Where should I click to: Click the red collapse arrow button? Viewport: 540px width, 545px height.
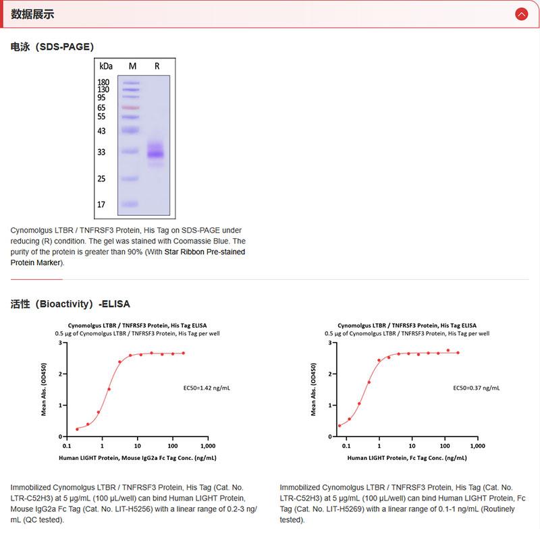(x=520, y=13)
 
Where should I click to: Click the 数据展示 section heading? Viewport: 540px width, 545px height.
(x=32, y=14)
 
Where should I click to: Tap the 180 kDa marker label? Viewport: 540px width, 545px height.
(x=103, y=82)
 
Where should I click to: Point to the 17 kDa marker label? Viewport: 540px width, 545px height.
(x=102, y=204)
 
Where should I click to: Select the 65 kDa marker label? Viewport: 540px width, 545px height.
(x=102, y=108)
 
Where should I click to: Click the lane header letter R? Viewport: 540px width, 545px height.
(x=157, y=66)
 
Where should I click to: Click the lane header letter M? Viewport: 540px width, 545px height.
(x=132, y=66)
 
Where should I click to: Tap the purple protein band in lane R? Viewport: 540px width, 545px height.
(x=156, y=154)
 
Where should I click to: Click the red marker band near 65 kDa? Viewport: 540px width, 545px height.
(x=131, y=108)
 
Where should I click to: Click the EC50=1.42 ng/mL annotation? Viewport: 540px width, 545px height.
(x=207, y=388)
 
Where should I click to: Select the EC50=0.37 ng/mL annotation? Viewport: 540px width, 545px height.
(x=476, y=388)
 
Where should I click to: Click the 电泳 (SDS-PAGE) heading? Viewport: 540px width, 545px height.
(x=52, y=47)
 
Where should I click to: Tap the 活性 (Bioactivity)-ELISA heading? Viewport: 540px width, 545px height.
(x=70, y=304)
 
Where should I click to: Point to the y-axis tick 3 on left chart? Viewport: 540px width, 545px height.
(x=60, y=343)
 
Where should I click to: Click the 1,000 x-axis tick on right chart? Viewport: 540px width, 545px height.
(x=477, y=447)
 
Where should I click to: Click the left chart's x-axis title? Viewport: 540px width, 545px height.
(x=137, y=458)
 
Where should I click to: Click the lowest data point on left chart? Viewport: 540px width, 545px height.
(x=77, y=428)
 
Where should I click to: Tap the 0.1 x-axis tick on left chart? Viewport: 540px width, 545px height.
(x=66, y=447)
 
